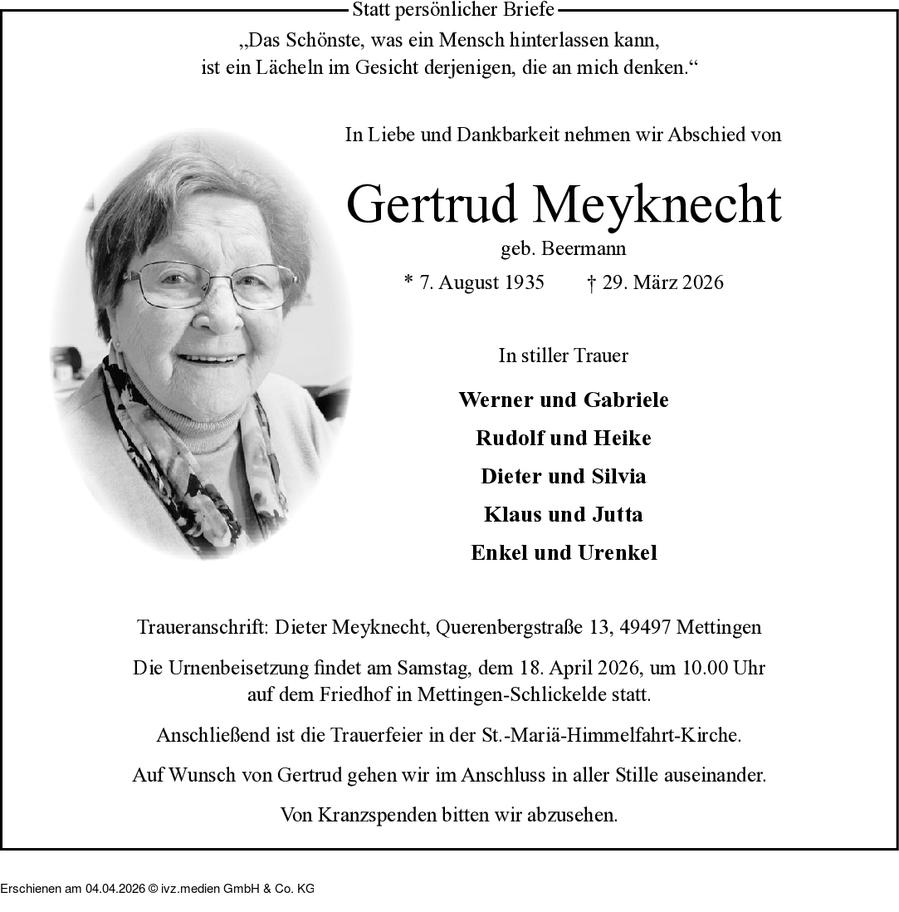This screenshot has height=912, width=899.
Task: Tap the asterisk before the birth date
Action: pos(408,281)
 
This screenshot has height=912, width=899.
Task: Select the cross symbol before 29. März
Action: pos(591,282)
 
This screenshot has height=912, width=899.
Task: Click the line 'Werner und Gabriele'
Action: pos(563,400)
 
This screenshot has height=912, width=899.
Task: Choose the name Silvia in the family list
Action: pos(618,476)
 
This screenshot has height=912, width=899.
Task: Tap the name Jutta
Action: pos(617,514)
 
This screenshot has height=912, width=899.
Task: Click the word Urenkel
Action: pos(618,552)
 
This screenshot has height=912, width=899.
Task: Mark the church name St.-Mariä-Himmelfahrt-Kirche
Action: pos(610,735)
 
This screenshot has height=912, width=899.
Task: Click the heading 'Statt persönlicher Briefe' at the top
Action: pos(453,10)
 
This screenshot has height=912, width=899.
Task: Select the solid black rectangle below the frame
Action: pos(157,880)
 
